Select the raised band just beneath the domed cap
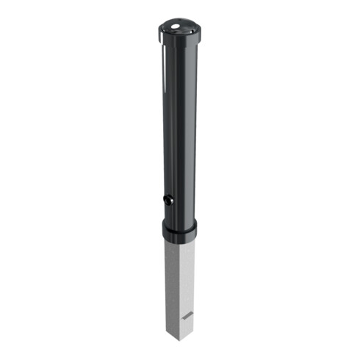(176, 40)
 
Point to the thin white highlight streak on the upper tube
(160, 73)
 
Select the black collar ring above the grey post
(179, 231)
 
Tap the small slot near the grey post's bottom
(188, 315)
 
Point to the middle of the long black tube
(177, 125)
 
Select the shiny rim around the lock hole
(167, 200)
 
